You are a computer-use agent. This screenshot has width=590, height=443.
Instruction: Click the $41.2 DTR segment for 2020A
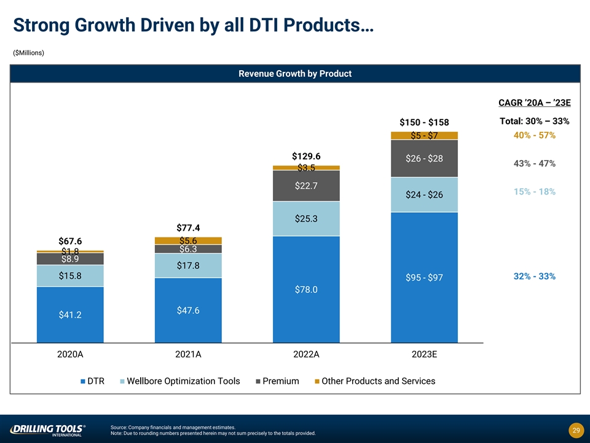(x=70, y=314)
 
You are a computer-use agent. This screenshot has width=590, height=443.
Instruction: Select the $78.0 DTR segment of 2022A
(x=306, y=289)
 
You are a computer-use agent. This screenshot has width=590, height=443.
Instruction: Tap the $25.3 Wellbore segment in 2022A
(x=306, y=218)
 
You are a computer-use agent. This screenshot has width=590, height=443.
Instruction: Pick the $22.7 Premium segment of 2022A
(x=306, y=186)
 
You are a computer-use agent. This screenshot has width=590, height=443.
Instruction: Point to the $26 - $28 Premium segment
(x=424, y=159)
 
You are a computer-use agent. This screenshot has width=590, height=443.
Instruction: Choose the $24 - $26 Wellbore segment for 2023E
(x=424, y=194)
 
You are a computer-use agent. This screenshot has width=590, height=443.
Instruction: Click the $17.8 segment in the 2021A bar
(x=188, y=266)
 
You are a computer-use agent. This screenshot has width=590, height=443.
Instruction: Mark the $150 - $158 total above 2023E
(x=424, y=122)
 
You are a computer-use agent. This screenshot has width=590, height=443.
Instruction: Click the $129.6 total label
(x=306, y=156)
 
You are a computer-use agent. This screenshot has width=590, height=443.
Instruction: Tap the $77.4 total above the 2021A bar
(x=188, y=228)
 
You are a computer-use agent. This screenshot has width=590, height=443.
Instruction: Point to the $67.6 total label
(x=70, y=241)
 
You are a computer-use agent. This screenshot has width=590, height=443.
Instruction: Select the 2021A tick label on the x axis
(x=188, y=354)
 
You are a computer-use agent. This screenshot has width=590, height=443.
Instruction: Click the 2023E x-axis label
(x=424, y=354)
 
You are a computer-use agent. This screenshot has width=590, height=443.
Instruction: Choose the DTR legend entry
(x=92, y=381)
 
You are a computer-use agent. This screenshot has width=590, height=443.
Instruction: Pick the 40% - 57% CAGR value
(x=535, y=135)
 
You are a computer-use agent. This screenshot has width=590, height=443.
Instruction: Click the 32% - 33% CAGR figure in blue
(x=535, y=276)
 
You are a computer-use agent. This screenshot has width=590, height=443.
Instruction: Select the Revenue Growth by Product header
(x=295, y=73)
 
